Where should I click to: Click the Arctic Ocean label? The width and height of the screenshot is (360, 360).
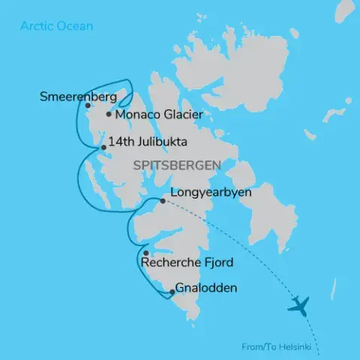point(57,26)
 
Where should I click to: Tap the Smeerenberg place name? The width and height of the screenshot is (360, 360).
point(79,97)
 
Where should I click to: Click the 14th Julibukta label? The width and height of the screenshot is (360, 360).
point(147,142)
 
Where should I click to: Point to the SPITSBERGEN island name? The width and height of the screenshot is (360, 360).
point(172,164)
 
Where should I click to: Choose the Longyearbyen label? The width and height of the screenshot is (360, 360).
point(211,193)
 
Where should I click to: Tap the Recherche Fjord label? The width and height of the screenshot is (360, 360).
point(193,262)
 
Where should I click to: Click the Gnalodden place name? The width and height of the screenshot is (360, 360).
point(207,288)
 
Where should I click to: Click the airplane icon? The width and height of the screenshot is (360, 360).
point(298,305)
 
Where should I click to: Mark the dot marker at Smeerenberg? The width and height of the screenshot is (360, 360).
point(88,106)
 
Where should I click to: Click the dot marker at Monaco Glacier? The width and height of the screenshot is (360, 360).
point(109,115)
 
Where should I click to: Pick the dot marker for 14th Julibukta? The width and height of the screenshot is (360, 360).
point(103,147)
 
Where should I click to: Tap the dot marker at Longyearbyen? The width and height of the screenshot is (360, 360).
point(163,201)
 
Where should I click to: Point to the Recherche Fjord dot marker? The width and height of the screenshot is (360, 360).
point(145,253)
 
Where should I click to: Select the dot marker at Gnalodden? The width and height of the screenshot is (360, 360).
point(172,292)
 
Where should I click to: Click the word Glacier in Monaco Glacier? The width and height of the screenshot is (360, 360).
point(181,115)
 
